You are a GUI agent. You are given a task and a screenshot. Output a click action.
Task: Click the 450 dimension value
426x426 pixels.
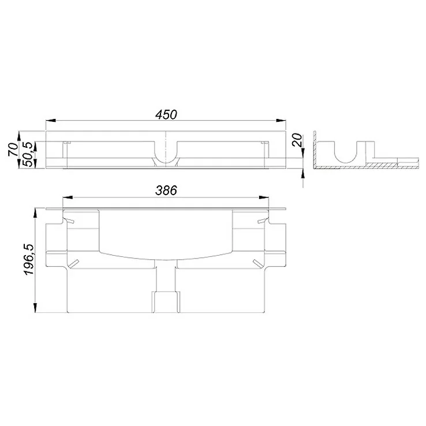pyautogui.click(x=166, y=114)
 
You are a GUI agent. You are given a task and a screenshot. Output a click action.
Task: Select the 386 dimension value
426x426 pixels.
pyautogui.click(x=166, y=189)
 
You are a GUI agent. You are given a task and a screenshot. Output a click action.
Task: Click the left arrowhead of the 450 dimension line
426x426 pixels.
pyautogui.click(x=50, y=121)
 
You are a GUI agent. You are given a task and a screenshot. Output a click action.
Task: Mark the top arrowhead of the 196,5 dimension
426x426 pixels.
pyautogui.click(x=38, y=209)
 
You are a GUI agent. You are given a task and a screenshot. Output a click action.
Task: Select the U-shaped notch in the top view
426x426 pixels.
pyautogui.click(x=166, y=155)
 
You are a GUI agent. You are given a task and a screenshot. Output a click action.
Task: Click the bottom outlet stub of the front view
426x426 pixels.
pyautogui.click(x=166, y=301)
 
